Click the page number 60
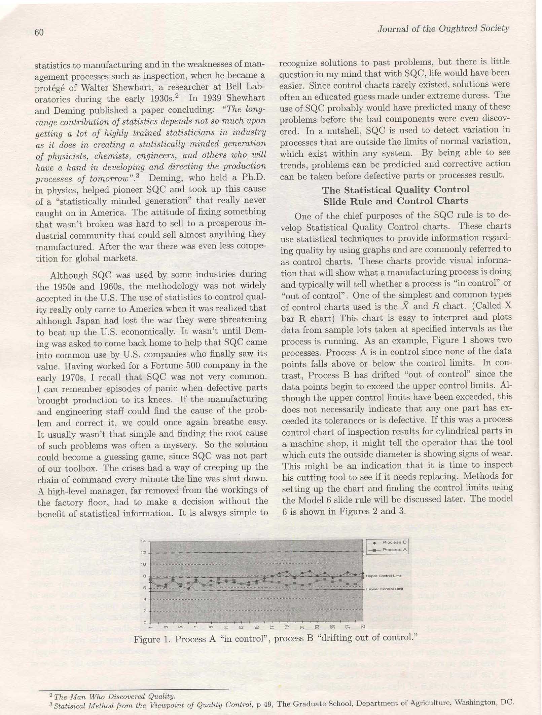39,32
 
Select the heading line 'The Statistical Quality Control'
396,190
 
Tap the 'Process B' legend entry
394,542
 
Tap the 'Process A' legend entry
394,550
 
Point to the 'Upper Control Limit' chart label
384,576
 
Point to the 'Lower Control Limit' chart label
384,589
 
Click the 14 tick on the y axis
143,541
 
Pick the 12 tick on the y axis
143,553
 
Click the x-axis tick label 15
257,627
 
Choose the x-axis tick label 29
363,627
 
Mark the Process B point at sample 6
189,589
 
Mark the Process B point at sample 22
310,571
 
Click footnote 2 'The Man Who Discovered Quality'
114,697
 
